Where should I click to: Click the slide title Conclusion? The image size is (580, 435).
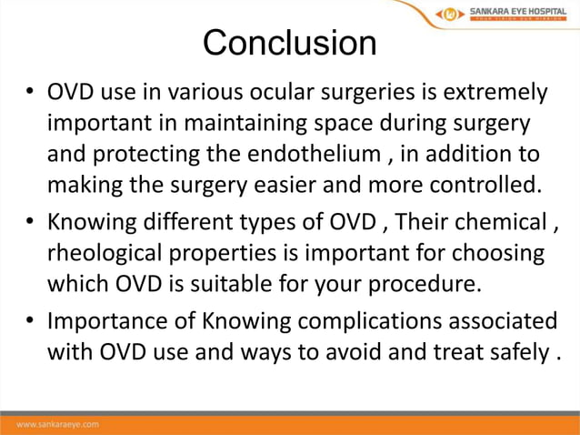coord(289,43)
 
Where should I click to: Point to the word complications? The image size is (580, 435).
coord(359,320)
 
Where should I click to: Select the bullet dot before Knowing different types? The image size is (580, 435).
coord(30,221)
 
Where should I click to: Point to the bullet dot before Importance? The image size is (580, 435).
coord(30,320)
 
